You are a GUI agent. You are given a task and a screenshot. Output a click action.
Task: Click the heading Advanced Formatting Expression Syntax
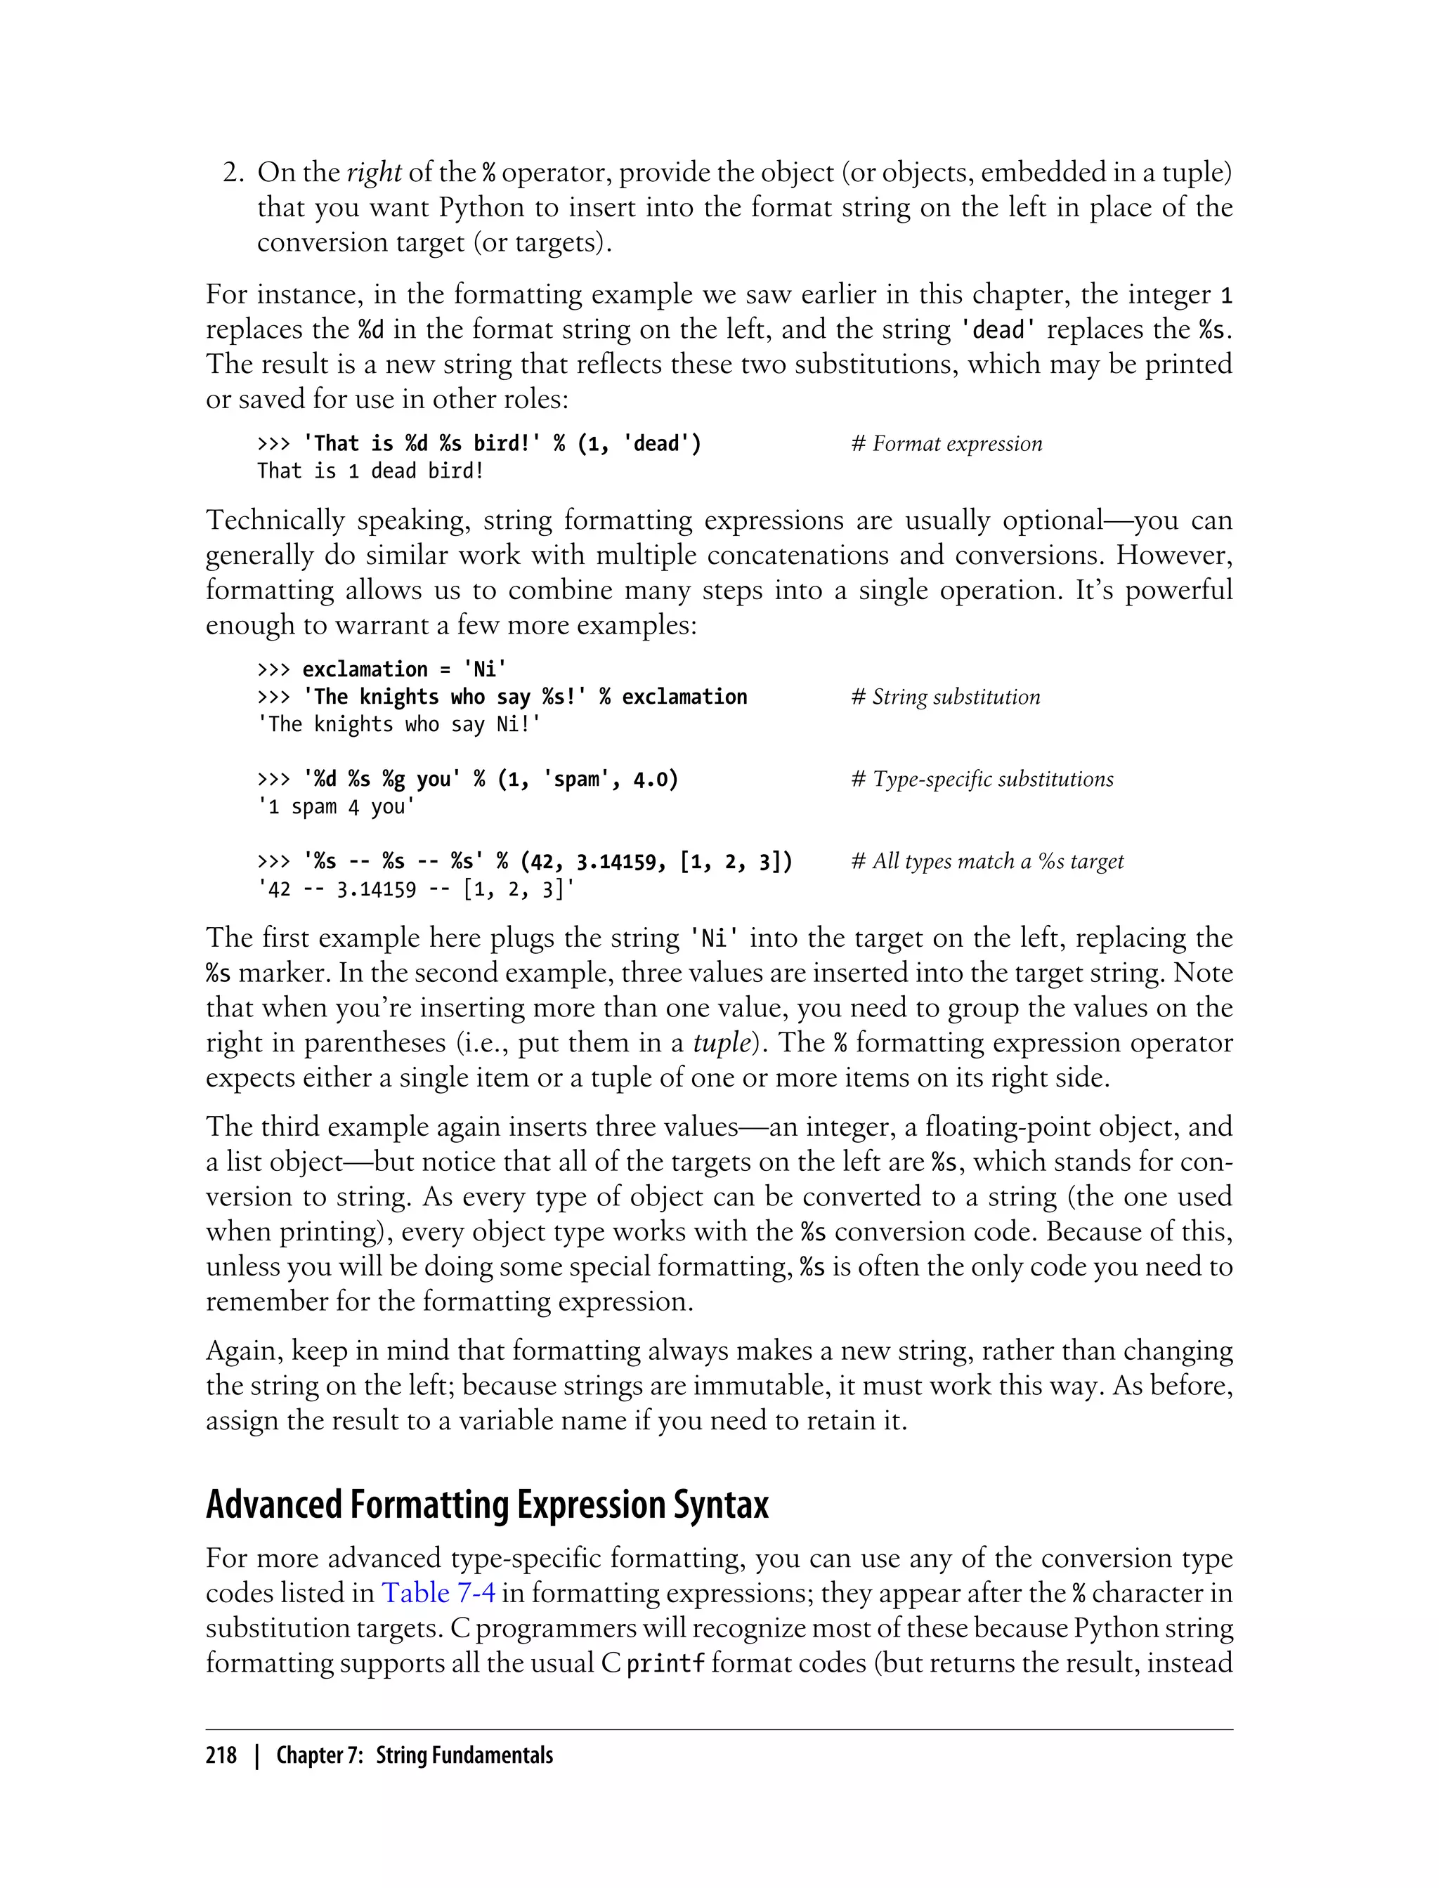486,1505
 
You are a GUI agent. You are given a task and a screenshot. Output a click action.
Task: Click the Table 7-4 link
438,1592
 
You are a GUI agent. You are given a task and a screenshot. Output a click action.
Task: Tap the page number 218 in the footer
221,1755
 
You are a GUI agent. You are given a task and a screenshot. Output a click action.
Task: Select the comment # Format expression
946,443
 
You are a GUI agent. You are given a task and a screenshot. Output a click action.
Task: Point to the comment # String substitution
945,697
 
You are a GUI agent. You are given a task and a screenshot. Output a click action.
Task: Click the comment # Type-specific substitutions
982,779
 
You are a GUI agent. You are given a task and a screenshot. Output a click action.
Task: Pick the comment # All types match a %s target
987,861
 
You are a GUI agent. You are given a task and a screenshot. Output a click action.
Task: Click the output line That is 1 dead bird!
370,471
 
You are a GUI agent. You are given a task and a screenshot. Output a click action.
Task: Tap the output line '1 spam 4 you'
336,806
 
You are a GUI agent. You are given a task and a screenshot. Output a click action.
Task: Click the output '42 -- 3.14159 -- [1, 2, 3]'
415,889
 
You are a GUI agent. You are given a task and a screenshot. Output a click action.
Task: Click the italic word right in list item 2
374,173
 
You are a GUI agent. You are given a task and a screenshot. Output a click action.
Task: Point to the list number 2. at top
234,173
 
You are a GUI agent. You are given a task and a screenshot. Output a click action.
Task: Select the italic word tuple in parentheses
719,1043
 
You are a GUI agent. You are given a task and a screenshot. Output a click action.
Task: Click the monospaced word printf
665,1664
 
